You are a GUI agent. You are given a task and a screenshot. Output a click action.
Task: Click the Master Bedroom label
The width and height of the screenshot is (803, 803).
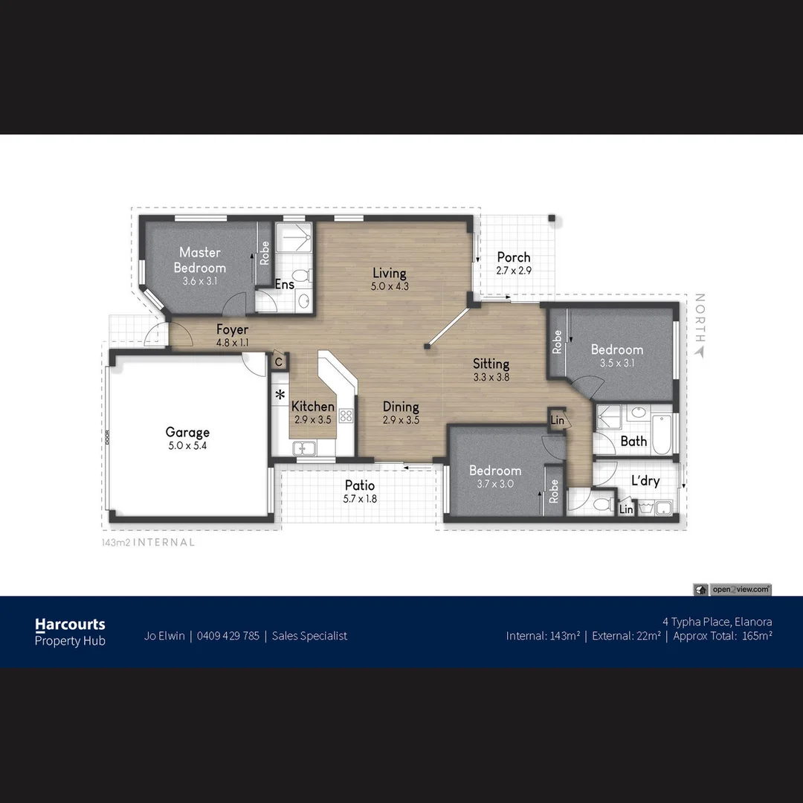tap(199, 260)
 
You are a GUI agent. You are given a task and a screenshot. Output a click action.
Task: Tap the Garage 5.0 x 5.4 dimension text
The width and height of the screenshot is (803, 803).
tap(187, 446)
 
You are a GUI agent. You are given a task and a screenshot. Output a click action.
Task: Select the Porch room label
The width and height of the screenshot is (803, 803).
tap(514, 257)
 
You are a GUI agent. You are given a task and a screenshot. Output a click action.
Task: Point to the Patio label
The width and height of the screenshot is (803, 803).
tap(360, 486)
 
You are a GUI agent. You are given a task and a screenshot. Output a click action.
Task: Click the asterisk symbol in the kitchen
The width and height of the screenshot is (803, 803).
tap(280, 395)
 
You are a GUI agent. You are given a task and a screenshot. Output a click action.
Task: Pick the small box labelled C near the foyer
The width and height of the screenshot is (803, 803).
tap(279, 362)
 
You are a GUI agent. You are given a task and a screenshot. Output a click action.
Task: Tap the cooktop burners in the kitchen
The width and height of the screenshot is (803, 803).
tap(345, 416)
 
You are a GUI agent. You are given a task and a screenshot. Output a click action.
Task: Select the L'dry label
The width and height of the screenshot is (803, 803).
tap(645, 480)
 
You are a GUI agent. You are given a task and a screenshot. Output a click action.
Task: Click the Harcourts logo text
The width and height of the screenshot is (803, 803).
tap(70, 625)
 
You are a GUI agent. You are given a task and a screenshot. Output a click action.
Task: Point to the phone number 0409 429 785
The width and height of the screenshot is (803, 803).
tap(228, 636)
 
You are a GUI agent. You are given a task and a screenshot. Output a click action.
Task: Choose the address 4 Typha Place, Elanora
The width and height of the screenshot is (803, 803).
tap(717, 622)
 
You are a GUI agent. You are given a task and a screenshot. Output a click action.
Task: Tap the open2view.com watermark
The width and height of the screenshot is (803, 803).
tap(740, 590)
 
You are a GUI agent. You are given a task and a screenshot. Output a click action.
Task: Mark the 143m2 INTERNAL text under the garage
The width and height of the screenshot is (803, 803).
tap(148, 543)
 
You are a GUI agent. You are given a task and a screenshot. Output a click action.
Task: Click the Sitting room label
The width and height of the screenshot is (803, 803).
tap(491, 364)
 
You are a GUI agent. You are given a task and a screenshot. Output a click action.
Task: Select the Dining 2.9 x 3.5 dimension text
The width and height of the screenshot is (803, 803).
tap(401, 420)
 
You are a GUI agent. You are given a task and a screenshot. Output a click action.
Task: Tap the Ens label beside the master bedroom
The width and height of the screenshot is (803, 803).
tap(285, 284)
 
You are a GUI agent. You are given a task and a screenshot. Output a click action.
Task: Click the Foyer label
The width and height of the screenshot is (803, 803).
tap(232, 329)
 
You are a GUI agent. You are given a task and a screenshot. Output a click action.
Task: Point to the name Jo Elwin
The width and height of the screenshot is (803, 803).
tap(164, 636)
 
